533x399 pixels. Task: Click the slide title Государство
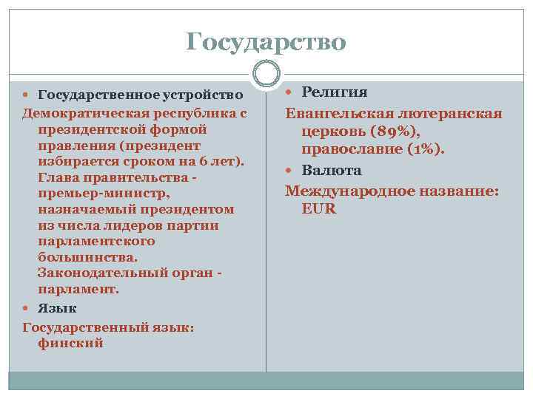point(266,41)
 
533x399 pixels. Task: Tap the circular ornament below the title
point(266,72)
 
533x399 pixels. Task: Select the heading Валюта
point(331,170)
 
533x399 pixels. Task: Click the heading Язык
point(57,308)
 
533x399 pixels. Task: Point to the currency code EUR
point(319,209)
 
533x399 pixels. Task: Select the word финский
point(70,343)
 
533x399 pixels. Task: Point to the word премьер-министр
point(104,193)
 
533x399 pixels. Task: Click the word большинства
point(87,258)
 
